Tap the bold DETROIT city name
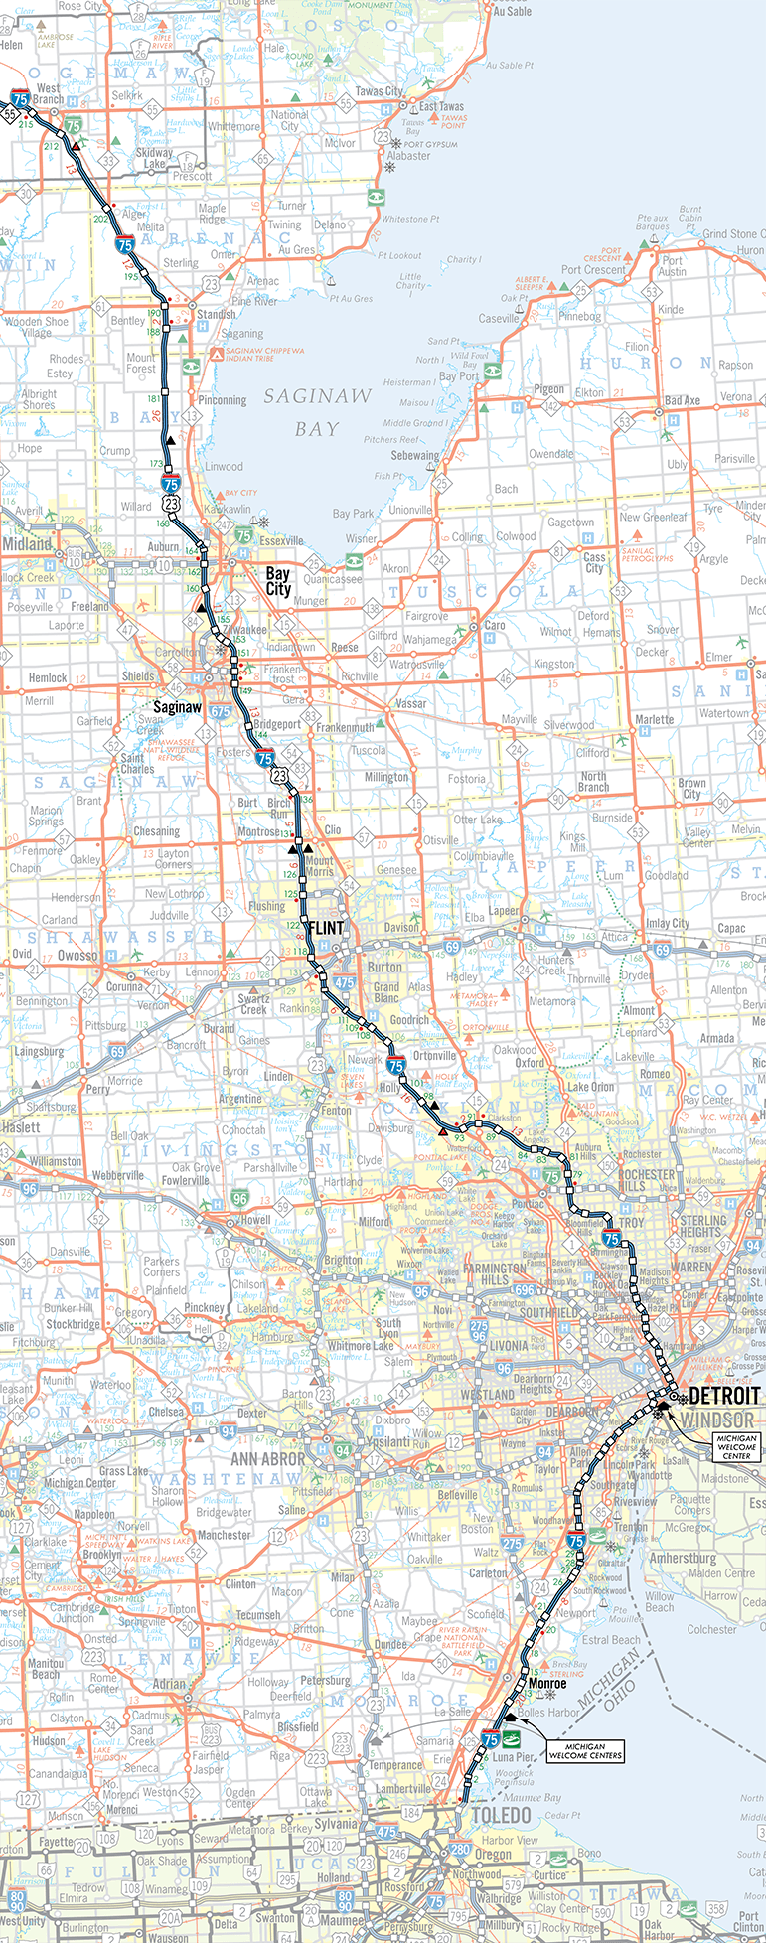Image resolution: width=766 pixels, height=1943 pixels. coord(724,1396)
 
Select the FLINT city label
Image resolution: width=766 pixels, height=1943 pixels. coord(327,927)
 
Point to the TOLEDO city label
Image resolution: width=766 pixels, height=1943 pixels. coord(500,1815)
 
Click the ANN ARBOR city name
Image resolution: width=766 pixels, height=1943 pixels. coord(268,1459)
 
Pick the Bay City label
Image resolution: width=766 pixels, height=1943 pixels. coord(278,581)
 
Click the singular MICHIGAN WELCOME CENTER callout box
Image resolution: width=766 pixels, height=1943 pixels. coord(736,1445)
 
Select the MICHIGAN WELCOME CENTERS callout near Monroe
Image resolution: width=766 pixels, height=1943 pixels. coord(591,1750)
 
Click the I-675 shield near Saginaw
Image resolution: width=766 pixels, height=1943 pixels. coord(220,712)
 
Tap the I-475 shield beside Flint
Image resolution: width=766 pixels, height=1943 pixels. coord(344,982)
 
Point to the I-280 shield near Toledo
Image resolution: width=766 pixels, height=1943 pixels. coord(459,1850)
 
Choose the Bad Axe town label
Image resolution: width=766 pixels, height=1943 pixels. coord(682,400)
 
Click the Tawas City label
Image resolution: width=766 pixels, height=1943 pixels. coord(380,91)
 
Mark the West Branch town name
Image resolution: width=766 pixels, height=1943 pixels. coord(48,94)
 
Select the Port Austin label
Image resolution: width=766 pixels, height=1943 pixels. coord(672,266)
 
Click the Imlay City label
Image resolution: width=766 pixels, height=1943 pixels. coord(668,923)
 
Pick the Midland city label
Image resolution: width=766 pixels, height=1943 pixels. coord(27,543)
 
